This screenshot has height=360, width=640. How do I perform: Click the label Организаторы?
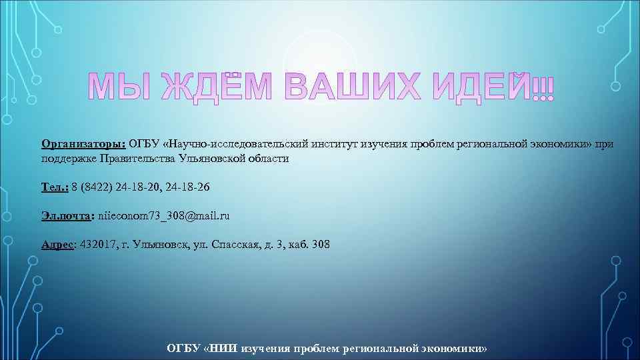coord(83,143)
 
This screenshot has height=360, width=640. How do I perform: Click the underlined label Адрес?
coord(57,245)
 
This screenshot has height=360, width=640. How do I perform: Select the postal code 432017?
coord(97,245)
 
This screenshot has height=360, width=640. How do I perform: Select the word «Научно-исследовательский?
coord(233,143)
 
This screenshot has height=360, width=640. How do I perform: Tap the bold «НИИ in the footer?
coord(221,349)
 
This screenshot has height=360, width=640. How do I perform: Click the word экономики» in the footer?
coord(454,349)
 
